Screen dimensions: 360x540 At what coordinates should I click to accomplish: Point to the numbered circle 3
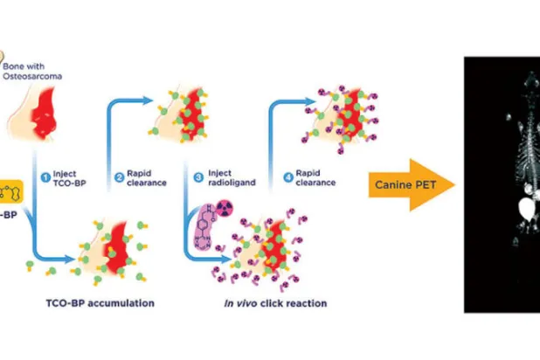197,181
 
